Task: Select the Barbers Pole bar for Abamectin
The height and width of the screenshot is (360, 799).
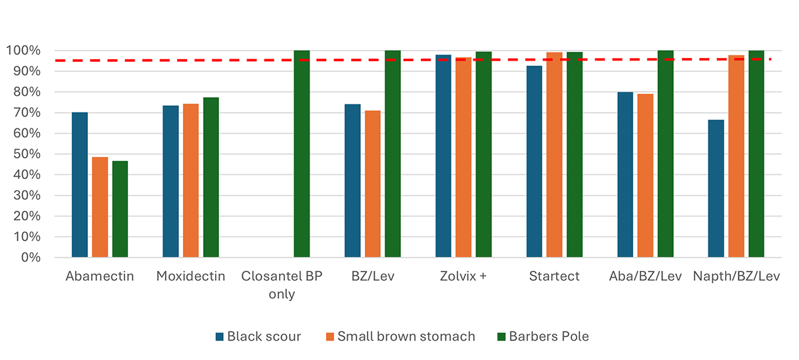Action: (x=120, y=209)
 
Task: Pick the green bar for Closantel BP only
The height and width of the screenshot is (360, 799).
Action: (x=302, y=154)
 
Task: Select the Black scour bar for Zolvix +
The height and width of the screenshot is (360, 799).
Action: (x=443, y=156)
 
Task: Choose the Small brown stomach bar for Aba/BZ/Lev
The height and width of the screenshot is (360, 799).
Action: (x=645, y=176)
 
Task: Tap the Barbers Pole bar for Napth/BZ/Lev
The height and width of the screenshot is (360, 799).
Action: (x=756, y=154)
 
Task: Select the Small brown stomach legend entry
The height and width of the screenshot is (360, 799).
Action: (x=399, y=337)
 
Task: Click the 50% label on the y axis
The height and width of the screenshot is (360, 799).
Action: (x=26, y=154)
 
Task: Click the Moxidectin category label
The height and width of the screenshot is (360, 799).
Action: (x=190, y=276)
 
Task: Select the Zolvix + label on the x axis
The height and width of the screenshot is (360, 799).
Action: (x=463, y=276)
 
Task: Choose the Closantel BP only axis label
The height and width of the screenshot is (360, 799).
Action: (x=282, y=285)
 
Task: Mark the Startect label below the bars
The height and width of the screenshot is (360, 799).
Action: (x=554, y=276)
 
